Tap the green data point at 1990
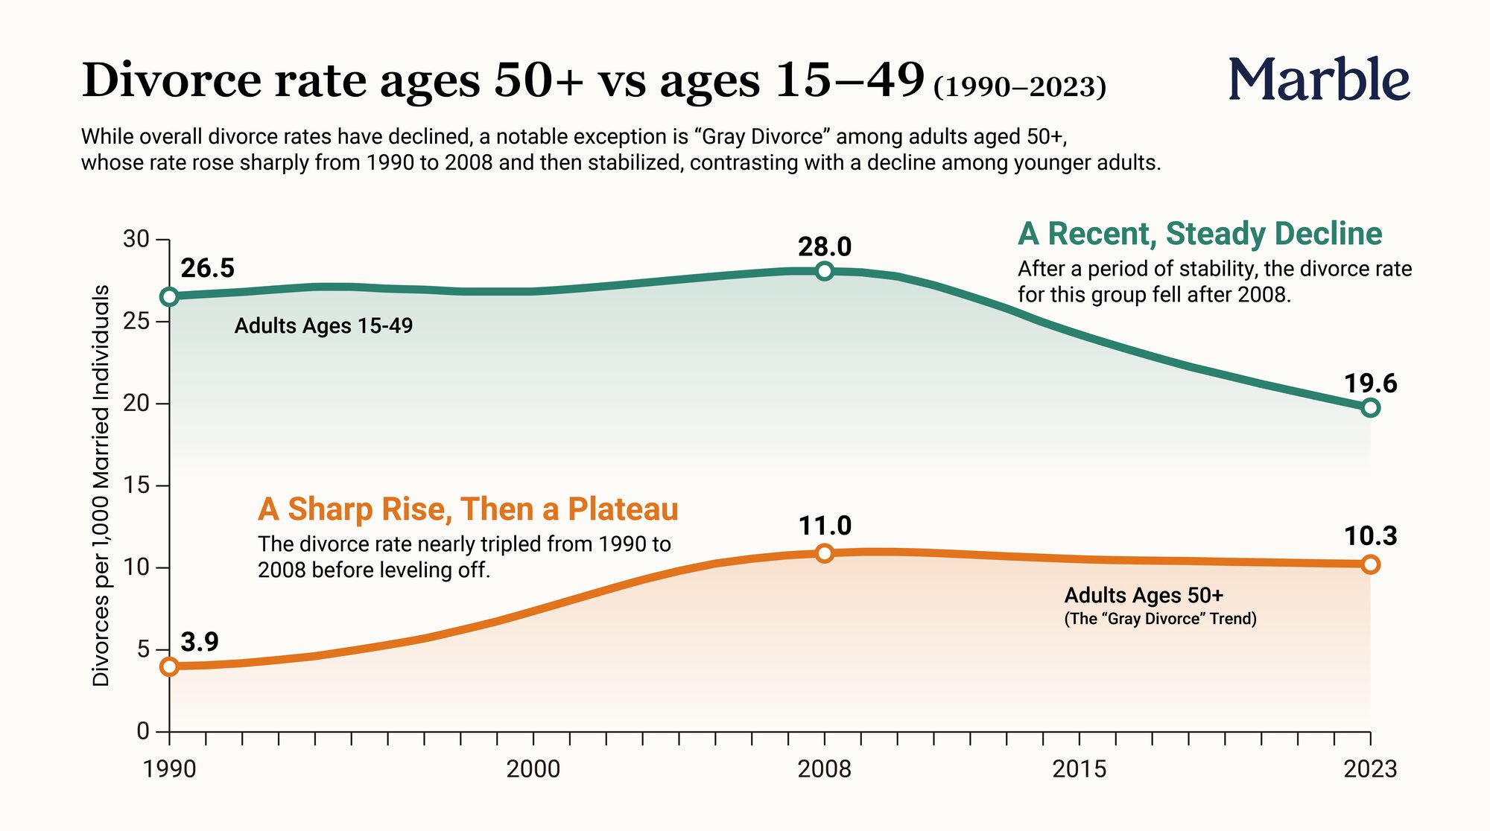click(170, 296)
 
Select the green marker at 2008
click(824, 271)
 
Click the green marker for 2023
click(1370, 408)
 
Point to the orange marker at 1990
click(170, 666)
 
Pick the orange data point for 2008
click(824, 553)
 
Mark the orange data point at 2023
click(1370, 564)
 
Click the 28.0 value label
click(825, 246)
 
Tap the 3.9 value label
click(200, 642)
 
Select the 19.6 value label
click(1371, 383)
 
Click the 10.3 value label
click(1371, 536)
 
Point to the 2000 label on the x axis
click(533, 768)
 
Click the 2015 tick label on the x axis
click(1080, 768)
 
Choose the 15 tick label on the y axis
click(136, 485)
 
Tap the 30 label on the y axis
click(136, 239)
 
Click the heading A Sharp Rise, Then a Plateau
click(468, 509)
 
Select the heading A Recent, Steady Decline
click(1200, 234)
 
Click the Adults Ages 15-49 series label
click(323, 326)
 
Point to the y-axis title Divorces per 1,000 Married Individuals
click(101, 485)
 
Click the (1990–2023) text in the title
click(1020, 87)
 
